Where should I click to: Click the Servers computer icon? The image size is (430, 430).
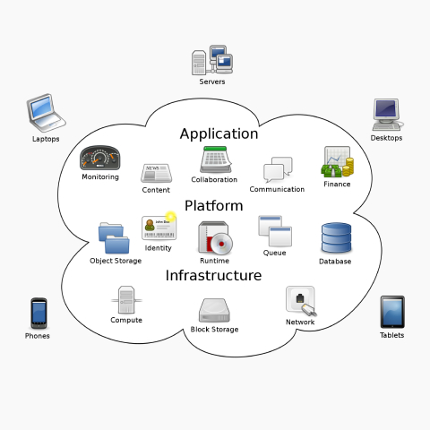tap(212, 61)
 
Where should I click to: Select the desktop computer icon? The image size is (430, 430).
tap(386, 114)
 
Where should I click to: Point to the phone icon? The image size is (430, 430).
tap(38, 313)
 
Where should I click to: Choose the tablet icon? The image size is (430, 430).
tap(391, 312)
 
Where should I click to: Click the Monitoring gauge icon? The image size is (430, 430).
tap(99, 159)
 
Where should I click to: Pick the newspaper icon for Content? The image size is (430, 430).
tap(156, 173)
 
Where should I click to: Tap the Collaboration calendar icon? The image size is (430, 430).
tap(215, 159)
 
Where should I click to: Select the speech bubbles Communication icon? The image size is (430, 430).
tap(278, 170)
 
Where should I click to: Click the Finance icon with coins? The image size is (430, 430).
tap(337, 162)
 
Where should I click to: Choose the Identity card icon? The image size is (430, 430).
tap(159, 228)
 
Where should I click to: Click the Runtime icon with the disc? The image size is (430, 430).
tap(215, 237)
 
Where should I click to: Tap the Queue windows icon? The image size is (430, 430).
tap(275, 232)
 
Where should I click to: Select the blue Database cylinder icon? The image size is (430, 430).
tap(336, 238)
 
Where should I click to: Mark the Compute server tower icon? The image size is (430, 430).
tap(126, 299)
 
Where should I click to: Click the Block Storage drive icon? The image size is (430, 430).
tap(215, 310)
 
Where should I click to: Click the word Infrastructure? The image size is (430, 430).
tap(213, 276)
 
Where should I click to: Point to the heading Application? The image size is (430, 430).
tap(219, 134)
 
